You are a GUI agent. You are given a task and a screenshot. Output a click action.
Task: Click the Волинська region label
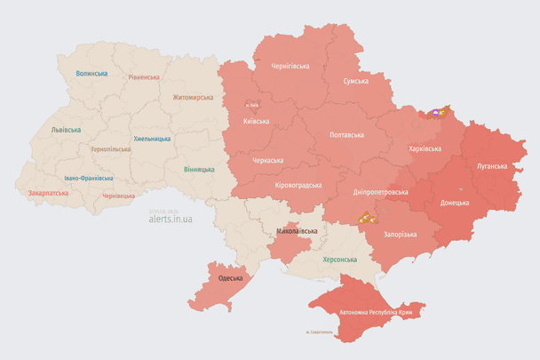point(91,74)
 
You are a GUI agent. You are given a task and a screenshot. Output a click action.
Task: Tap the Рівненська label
point(143,77)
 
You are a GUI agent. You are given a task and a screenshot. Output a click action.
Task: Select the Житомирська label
point(193,97)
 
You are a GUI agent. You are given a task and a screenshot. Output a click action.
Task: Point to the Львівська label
point(66,130)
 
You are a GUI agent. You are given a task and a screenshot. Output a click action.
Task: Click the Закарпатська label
point(48,192)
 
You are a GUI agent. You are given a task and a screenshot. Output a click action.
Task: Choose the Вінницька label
point(199,169)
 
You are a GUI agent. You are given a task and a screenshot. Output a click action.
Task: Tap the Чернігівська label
point(290,66)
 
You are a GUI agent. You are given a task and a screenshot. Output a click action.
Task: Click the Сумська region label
point(356,81)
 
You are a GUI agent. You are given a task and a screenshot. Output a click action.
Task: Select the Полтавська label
point(346,135)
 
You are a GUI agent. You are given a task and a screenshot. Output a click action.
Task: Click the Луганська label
point(490,165)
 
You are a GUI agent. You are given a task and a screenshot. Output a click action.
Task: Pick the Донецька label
point(455,203)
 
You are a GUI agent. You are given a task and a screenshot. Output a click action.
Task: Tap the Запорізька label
point(401,234)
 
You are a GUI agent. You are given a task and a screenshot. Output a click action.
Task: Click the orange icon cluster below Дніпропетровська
point(366,216)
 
